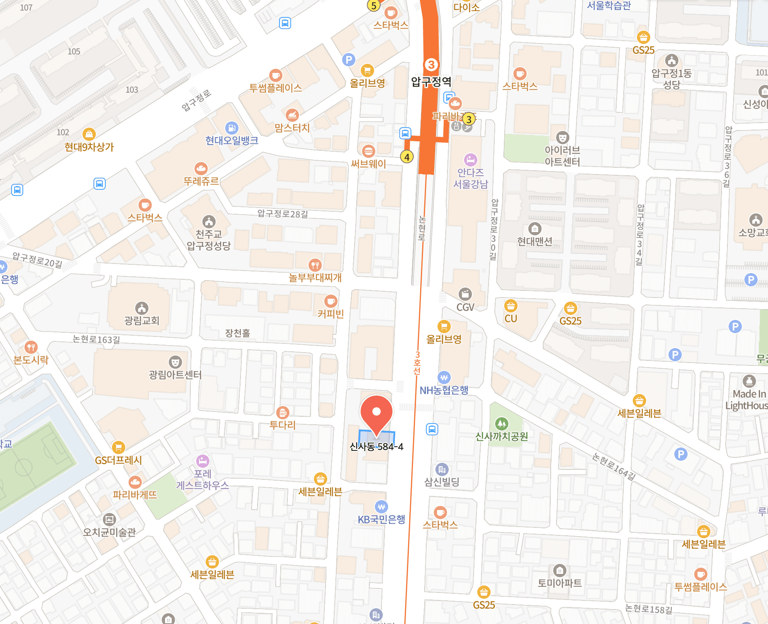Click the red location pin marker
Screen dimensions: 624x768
tap(376, 413)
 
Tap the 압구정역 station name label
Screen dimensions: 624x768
tap(431, 82)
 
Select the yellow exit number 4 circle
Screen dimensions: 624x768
tap(407, 157)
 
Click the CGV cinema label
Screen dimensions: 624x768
tap(465, 307)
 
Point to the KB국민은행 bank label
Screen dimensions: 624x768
tap(381, 519)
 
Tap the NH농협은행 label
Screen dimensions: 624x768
tap(444, 390)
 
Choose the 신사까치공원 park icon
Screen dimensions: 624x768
tap(501, 423)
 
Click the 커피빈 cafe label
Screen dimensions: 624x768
tap(331, 314)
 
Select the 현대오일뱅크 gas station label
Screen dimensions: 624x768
tap(232, 140)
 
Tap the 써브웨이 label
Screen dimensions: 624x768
tap(368, 164)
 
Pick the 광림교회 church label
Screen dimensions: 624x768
tap(141, 320)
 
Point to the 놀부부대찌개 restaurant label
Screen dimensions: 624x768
tap(315, 277)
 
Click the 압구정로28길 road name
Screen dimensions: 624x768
tap(282, 214)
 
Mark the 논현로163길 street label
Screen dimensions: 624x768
tap(96, 339)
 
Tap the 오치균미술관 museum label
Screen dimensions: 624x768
tap(109, 532)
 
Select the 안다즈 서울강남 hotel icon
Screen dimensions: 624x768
tap(470, 160)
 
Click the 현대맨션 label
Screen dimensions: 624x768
tap(535, 241)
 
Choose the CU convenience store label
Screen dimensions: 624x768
tap(510, 318)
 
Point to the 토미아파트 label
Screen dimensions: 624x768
tap(559, 583)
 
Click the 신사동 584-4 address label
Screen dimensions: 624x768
tap(376, 446)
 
